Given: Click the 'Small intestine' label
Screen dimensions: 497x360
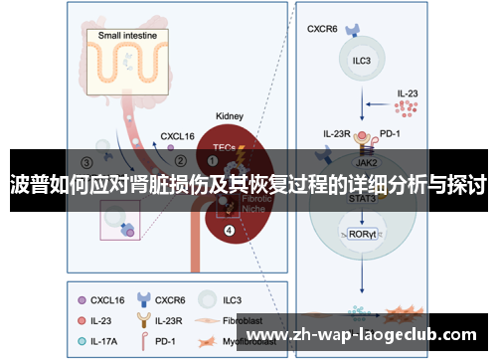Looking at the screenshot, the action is (x=133, y=36).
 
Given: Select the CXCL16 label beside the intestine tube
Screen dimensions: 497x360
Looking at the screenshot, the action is (x=179, y=131).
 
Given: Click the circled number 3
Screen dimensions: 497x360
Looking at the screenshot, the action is (x=86, y=161).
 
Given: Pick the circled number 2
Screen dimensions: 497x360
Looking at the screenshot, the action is (x=180, y=159).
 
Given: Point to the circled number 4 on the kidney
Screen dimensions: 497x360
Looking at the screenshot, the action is (x=230, y=231).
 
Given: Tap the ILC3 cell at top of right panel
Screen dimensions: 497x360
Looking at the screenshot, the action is (x=361, y=59).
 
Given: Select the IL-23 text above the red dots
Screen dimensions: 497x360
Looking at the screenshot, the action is (x=408, y=93).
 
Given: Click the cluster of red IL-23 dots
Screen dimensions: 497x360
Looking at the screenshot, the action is (x=407, y=107).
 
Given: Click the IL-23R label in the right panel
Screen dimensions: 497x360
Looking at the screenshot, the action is (x=337, y=132).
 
